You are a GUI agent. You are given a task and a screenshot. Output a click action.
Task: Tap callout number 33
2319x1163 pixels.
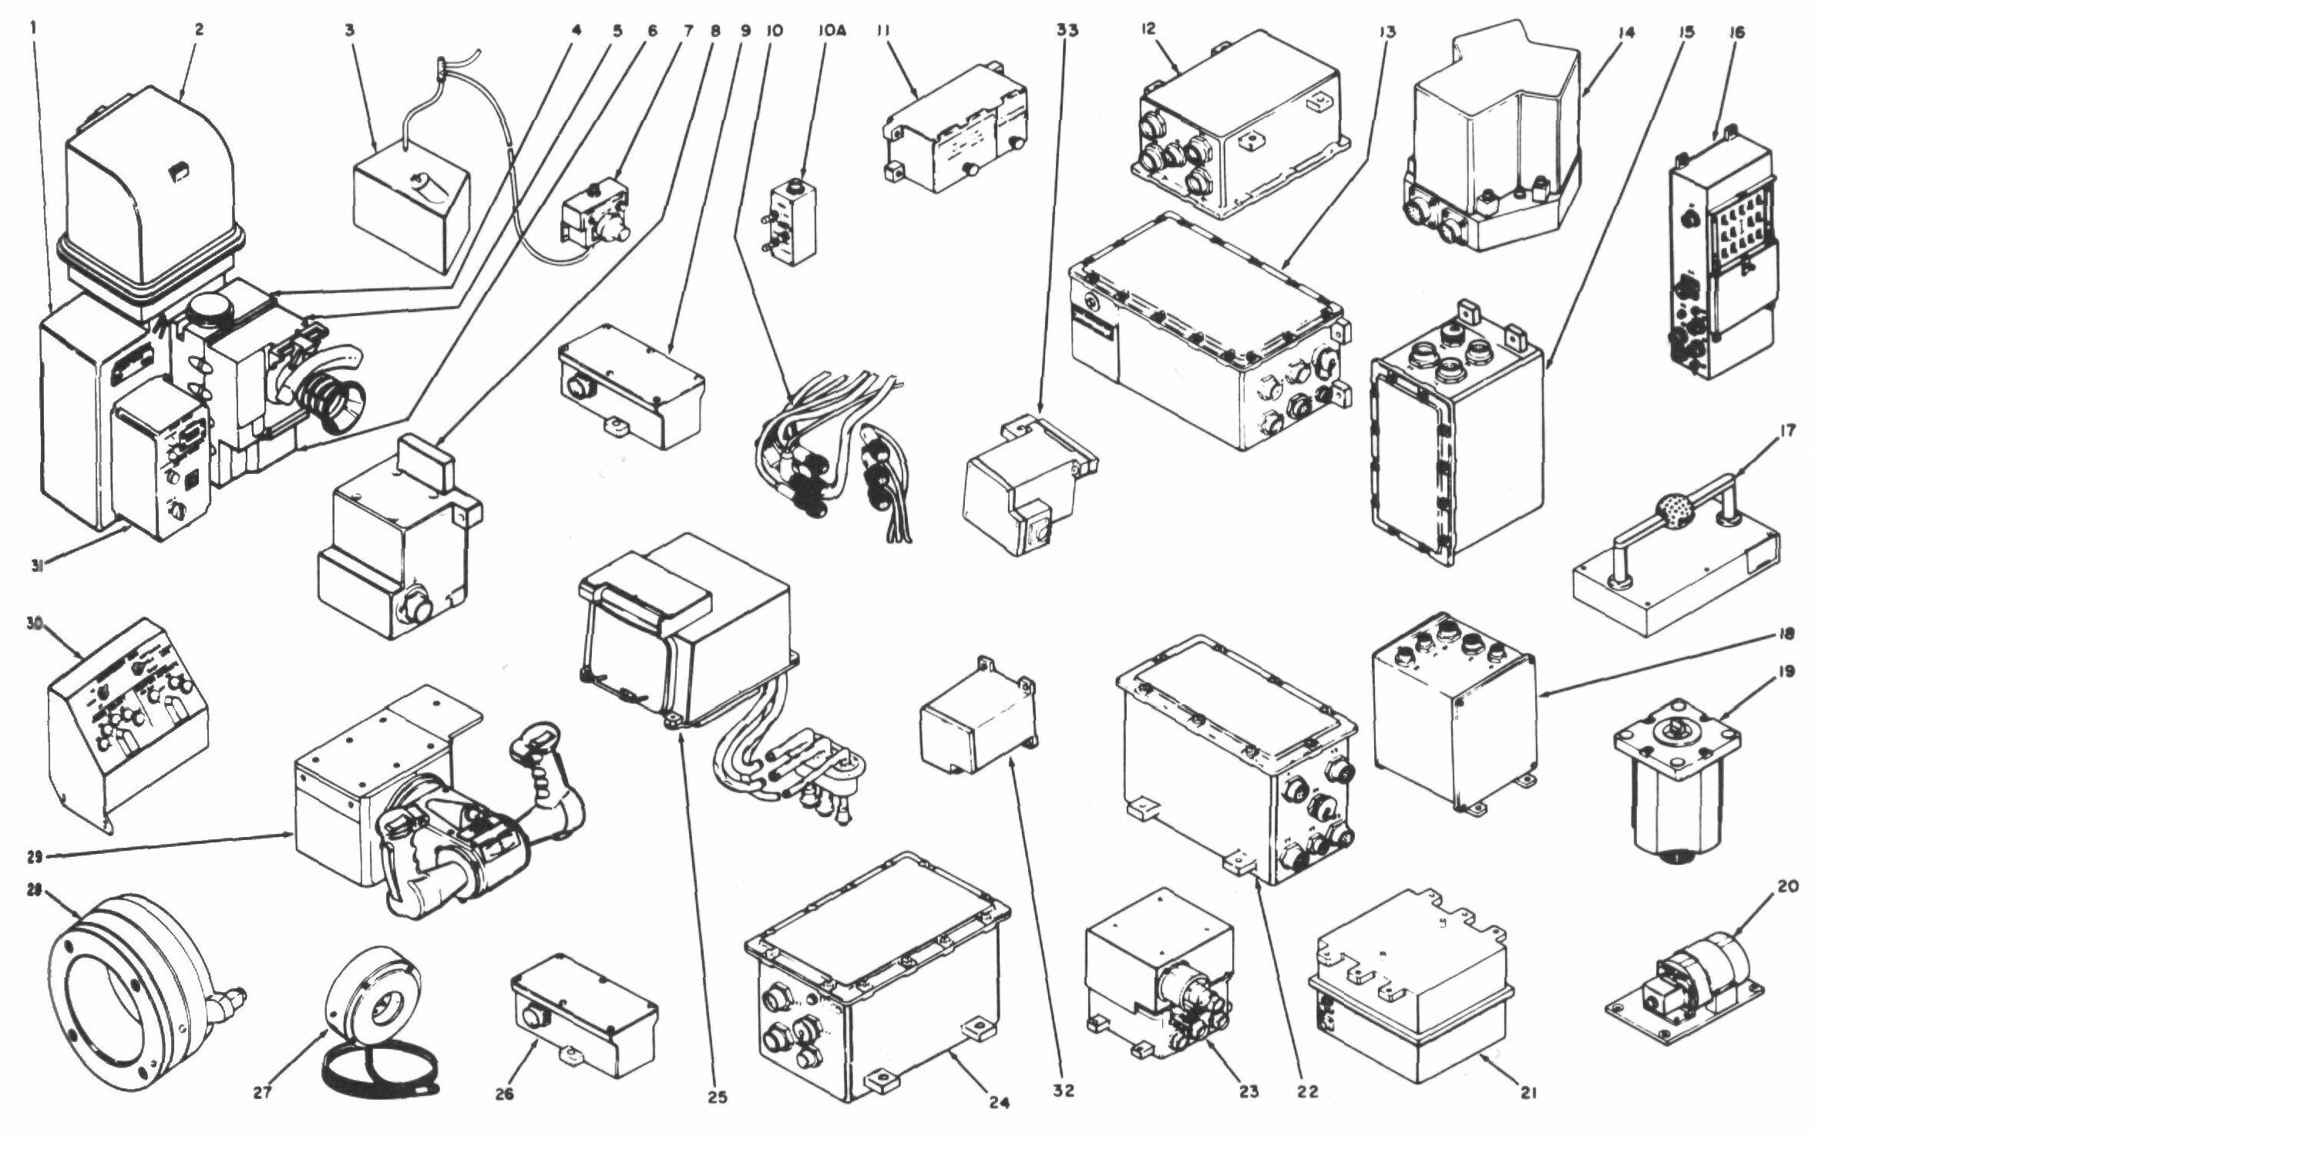click(x=1067, y=30)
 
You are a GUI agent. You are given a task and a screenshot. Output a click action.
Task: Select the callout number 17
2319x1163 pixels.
click(x=1787, y=431)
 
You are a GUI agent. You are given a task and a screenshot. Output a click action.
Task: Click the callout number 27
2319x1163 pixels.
click(x=262, y=1093)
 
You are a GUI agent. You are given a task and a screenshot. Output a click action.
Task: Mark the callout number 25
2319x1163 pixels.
click(x=718, y=1097)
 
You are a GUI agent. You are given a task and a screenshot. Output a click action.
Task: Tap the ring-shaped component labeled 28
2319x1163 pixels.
click(x=135, y=990)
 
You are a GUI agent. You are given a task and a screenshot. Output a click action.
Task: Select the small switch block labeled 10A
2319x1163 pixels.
click(x=792, y=224)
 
